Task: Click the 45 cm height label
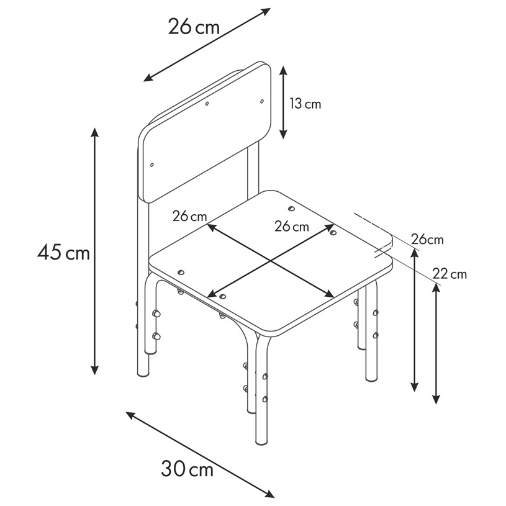click(63, 252)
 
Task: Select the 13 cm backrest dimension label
click(305, 104)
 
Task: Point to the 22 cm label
click(450, 274)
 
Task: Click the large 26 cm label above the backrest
click(194, 26)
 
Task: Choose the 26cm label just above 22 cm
click(427, 240)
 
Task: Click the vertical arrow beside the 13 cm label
click(283, 102)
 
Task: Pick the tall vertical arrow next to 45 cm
click(94, 251)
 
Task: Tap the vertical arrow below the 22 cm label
click(436, 343)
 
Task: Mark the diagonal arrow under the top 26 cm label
click(207, 45)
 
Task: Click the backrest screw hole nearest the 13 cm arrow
click(262, 101)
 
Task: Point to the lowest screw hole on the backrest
click(152, 165)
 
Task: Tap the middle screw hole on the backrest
click(207, 104)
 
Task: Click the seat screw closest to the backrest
click(291, 209)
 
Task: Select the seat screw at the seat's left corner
click(181, 273)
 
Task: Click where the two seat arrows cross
click(271, 260)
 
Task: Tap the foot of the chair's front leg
click(261, 441)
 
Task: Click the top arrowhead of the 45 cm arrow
click(94, 132)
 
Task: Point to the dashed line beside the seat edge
click(373, 223)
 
